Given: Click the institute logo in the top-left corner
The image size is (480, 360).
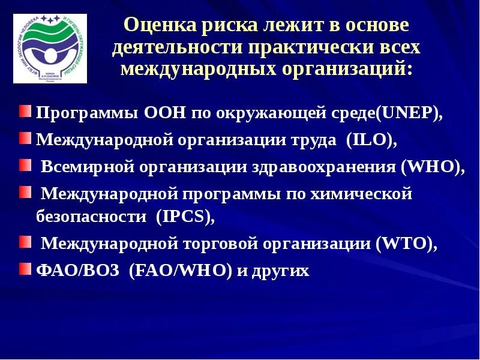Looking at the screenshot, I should point(50,48).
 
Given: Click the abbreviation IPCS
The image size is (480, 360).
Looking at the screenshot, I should point(185,217).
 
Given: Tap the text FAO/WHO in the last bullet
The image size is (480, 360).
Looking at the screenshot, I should point(181,271).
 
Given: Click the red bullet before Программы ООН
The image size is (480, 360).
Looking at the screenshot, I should point(29,112).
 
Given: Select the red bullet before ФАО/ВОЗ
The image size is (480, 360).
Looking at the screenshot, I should point(29,269).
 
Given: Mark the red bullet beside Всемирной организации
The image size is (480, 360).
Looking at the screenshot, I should point(29,165).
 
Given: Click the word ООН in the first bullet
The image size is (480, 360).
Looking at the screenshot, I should point(166,113).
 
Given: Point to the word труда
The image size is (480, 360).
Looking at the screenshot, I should point(310,140).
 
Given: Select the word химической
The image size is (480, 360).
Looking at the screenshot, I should point(359,193).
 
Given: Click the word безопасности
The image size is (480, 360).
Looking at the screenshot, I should point(91,217).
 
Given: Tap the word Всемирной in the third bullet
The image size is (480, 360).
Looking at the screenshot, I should point(86,167).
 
